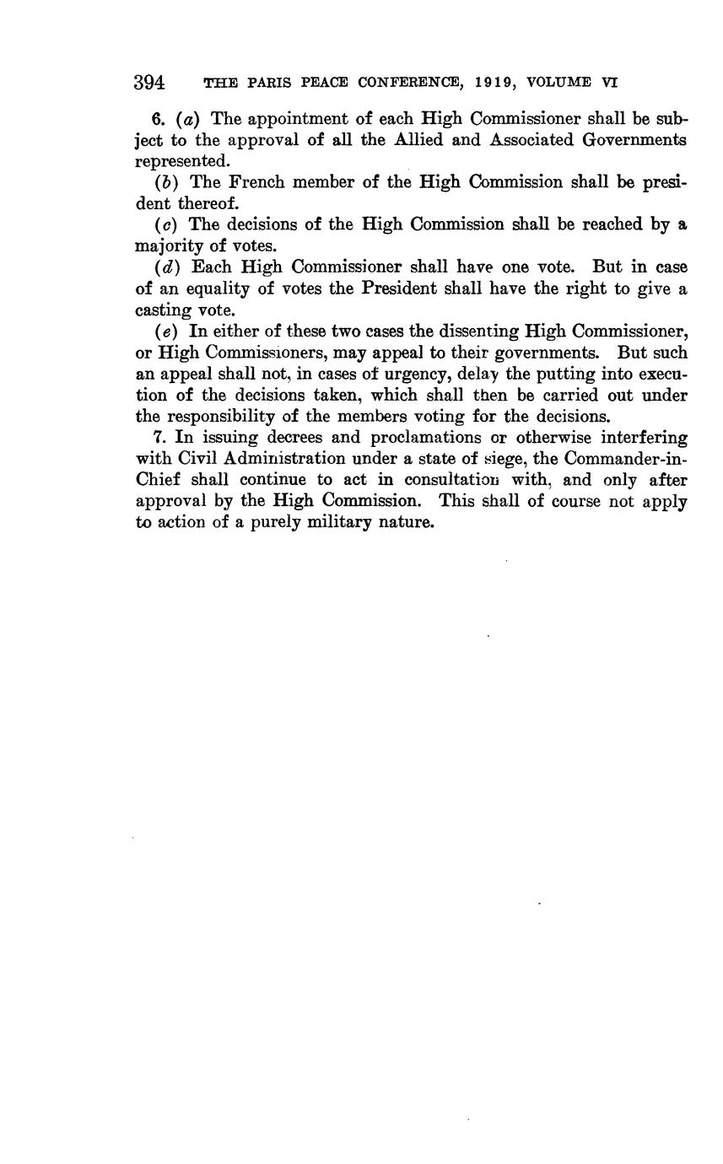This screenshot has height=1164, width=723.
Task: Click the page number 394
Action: point(148,83)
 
